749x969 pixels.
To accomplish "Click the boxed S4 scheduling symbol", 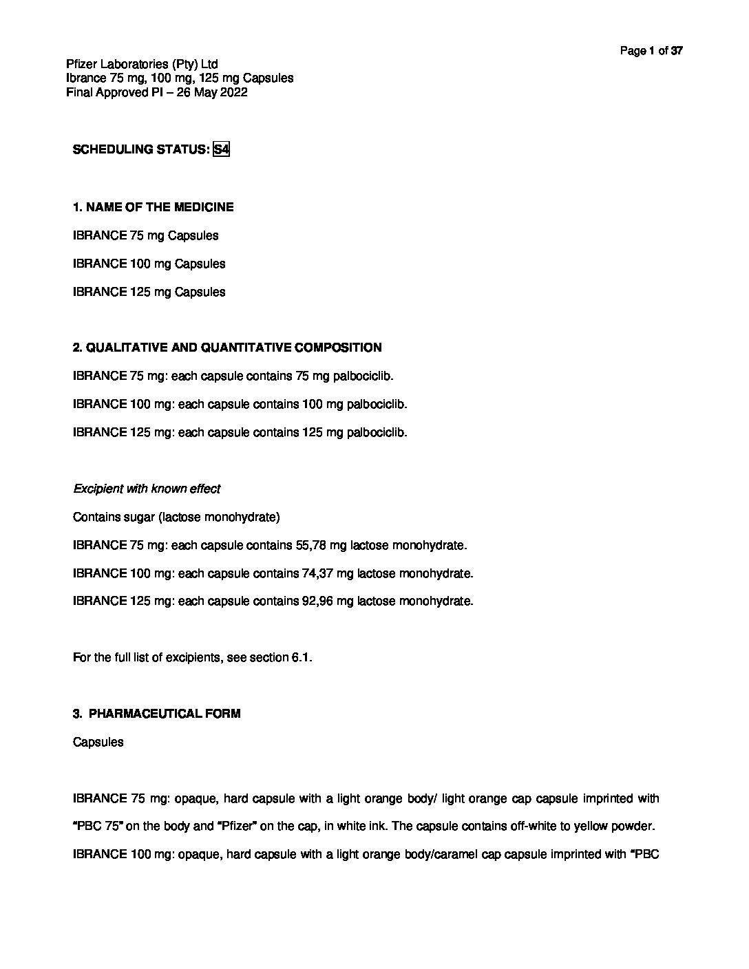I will click(x=221, y=149).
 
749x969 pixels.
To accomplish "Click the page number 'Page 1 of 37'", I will click(x=651, y=50).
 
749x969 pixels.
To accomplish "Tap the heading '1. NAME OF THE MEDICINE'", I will click(x=153, y=207).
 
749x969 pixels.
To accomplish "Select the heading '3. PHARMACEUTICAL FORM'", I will click(x=156, y=714).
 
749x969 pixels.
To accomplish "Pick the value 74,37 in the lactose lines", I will click(x=319, y=573).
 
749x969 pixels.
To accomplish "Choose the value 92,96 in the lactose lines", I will click(x=319, y=601).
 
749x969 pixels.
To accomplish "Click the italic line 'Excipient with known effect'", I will click(x=147, y=489).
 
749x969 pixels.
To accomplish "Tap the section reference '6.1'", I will click(x=301, y=657).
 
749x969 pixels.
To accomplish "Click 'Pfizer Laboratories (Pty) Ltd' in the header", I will click(x=142, y=64).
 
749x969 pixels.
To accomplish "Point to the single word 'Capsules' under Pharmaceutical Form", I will click(x=98, y=742).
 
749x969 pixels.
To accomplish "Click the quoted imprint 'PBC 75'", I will click(x=100, y=827).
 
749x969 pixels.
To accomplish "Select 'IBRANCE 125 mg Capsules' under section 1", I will click(x=149, y=292).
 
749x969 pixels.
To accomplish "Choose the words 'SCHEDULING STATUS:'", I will click(x=140, y=149).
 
